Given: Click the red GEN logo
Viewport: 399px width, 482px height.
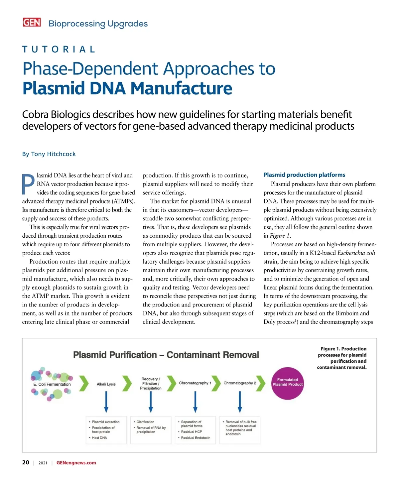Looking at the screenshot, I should click(32, 22).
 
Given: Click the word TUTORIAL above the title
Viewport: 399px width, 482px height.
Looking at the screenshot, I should click(59, 50).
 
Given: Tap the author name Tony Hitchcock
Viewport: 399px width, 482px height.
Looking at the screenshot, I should click(53, 154).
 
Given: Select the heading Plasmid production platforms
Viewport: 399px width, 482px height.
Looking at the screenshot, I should click(304, 175).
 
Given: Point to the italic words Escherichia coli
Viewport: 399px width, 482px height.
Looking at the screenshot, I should click(356, 253).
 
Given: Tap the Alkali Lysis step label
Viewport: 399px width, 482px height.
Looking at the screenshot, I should click(106, 384).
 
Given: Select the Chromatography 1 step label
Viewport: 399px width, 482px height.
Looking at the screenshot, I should click(195, 383).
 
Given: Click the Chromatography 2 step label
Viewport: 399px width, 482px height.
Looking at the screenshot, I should click(240, 383).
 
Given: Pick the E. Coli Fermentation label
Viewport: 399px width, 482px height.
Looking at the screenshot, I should click(52, 384).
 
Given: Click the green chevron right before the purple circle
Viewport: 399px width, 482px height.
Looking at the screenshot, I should click(261, 383).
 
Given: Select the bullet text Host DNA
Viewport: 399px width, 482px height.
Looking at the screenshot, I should click(99, 438).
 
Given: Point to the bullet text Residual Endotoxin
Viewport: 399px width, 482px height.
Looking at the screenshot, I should click(196, 438).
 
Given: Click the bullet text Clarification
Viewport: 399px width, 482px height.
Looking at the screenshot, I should click(145, 422).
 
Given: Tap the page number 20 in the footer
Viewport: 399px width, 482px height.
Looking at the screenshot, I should click(26, 462).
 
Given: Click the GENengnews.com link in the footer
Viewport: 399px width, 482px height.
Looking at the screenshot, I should click(76, 463).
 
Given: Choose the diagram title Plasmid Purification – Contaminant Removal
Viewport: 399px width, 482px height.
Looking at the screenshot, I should click(166, 355).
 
